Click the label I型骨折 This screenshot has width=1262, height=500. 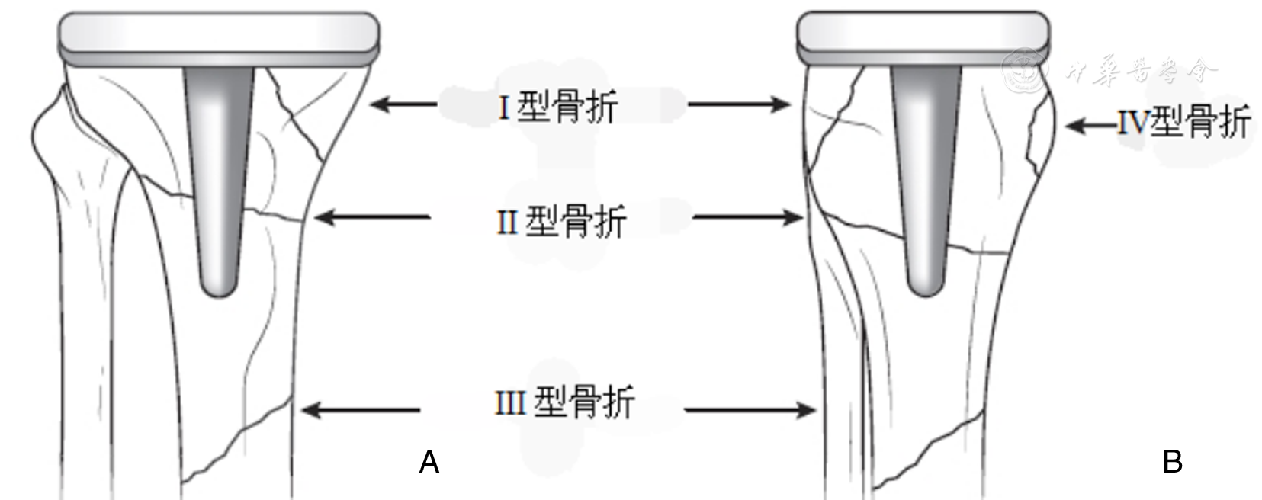[x=557, y=106]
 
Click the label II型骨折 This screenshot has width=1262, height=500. [x=561, y=222]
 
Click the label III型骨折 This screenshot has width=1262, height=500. [x=564, y=402]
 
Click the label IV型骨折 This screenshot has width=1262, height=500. [x=1183, y=122]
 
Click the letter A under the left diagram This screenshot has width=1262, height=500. [x=429, y=462]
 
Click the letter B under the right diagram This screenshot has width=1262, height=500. [x=1172, y=462]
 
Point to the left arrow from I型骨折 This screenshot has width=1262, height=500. [x=403, y=104]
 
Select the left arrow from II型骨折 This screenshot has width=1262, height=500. [x=373, y=218]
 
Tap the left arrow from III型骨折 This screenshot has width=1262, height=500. [x=361, y=410]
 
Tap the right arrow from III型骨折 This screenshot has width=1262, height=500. [x=750, y=410]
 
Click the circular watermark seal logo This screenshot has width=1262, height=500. [x=1026, y=69]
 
